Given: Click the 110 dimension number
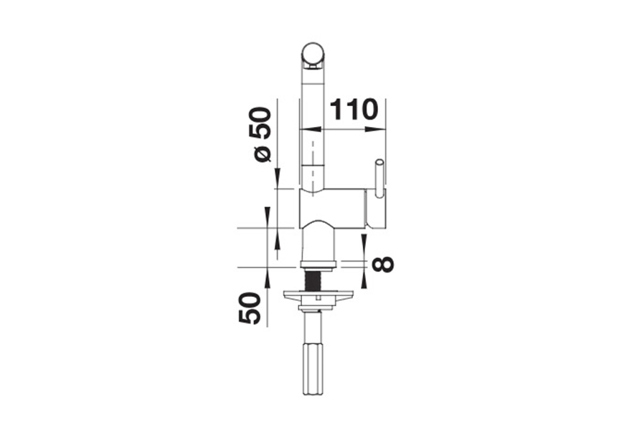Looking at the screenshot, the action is click(x=354, y=110).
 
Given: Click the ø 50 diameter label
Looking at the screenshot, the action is click(x=260, y=134).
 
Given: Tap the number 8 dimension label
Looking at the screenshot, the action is click(x=382, y=264).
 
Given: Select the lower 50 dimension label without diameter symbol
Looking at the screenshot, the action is click(x=250, y=308).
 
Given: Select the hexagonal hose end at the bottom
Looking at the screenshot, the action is click(x=313, y=368).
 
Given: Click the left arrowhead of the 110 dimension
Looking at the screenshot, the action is click(x=311, y=129).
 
